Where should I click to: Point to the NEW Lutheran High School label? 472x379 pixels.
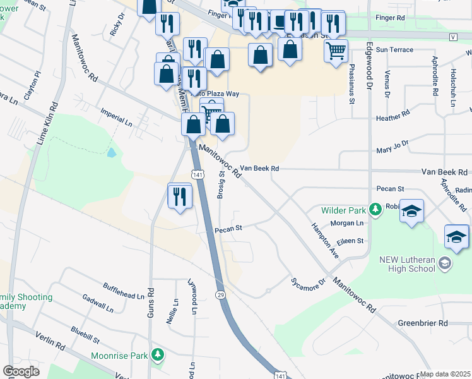(408, 264)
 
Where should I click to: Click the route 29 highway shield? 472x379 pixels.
(220, 295)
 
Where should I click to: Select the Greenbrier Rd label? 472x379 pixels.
(422, 323)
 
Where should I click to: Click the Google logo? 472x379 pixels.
(21, 371)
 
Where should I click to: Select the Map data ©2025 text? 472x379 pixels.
(445, 374)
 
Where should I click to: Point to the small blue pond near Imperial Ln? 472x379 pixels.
(112, 152)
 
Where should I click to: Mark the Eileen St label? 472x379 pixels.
(351, 241)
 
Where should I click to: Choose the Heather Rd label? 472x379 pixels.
(392, 117)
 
